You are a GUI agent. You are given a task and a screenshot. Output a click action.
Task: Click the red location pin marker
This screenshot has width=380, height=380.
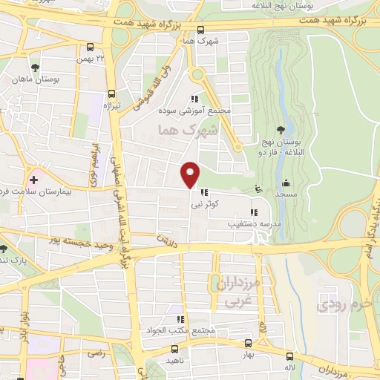tap(191, 174)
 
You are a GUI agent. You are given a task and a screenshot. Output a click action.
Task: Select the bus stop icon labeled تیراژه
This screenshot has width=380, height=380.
tap(111, 94)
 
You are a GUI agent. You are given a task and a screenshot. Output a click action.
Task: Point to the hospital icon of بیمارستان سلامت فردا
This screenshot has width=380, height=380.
tap(33, 180)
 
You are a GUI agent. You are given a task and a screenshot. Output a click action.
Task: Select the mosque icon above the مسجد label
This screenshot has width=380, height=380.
tap(286, 183)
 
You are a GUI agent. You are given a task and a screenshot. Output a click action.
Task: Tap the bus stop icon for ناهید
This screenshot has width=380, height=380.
tap(174, 347)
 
